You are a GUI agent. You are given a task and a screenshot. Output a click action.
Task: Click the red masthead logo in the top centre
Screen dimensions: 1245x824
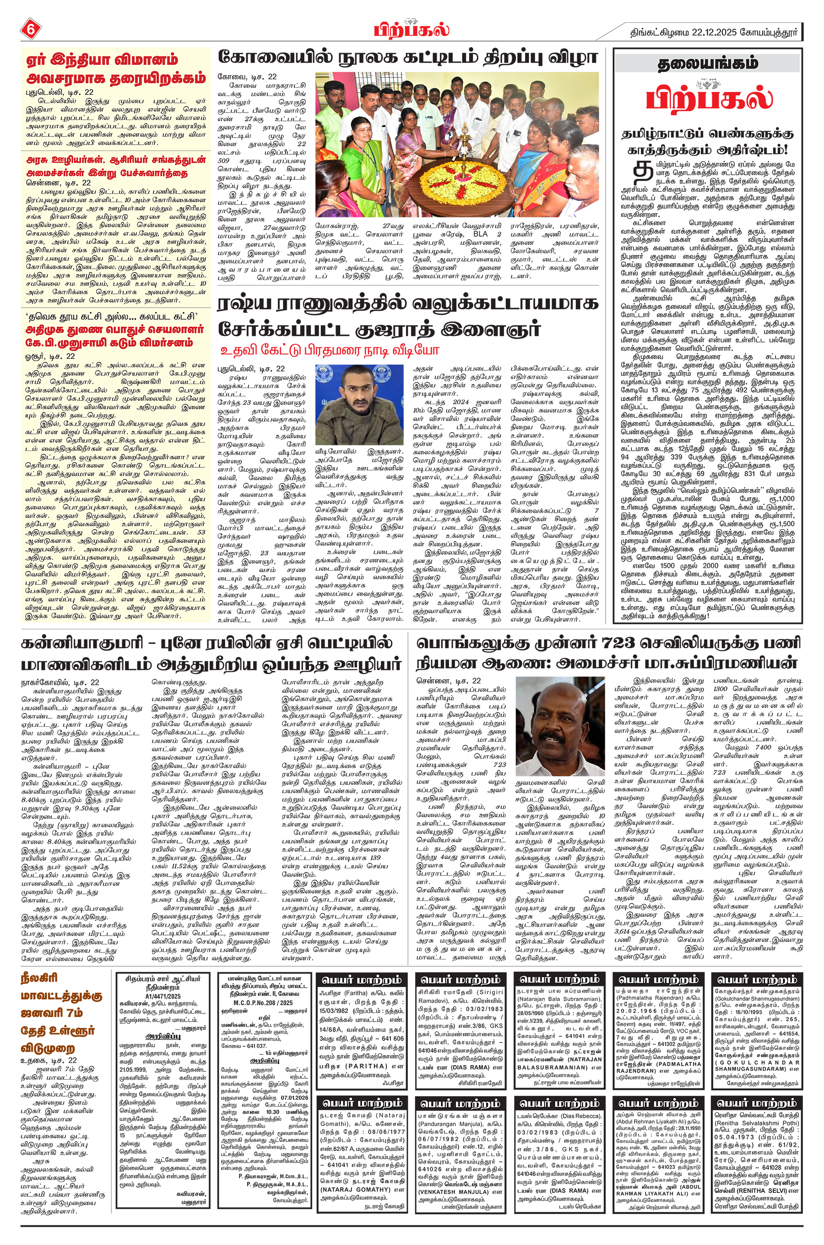(x=412, y=29)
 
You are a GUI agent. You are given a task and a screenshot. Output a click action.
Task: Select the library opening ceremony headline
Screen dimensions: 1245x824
(x=408, y=57)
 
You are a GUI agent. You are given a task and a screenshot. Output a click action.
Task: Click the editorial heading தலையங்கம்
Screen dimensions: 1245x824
(x=708, y=64)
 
